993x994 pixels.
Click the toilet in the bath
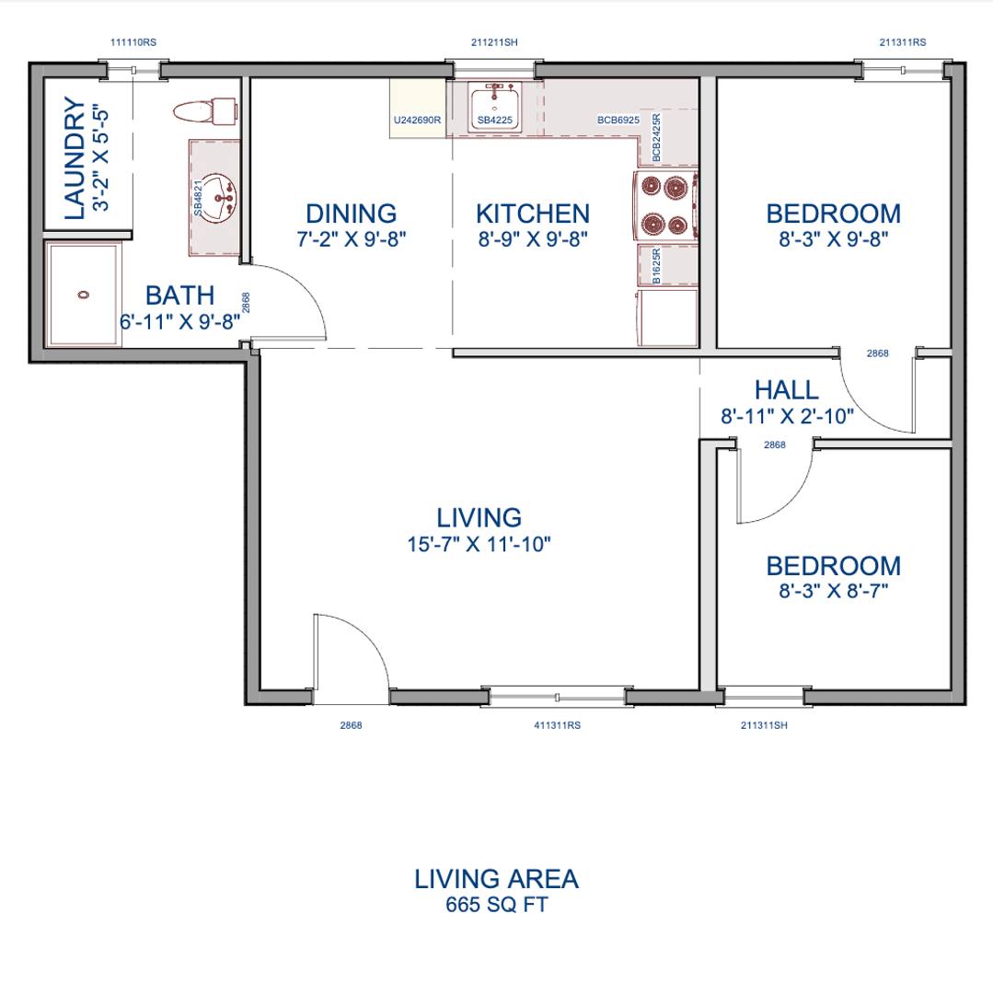click(x=205, y=111)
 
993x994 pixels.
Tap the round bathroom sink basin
click(x=218, y=197)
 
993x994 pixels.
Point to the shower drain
click(x=84, y=295)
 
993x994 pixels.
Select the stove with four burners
click(x=666, y=206)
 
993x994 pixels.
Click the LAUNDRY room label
click(x=75, y=158)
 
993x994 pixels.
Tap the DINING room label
click(x=351, y=214)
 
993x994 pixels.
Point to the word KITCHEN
click(x=533, y=214)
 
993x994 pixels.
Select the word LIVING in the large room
click(x=479, y=518)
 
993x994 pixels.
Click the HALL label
click(x=787, y=390)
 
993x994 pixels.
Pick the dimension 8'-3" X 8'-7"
click(x=833, y=591)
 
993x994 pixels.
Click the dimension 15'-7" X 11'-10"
click(x=479, y=544)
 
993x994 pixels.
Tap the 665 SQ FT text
click(x=496, y=905)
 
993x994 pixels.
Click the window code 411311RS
click(x=557, y=725)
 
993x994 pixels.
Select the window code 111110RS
click(x=133, y=42)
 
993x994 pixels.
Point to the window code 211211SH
click(x=494, y=42)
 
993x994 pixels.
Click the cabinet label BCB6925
click(x=618, y=120)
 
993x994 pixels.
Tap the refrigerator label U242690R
click(x=417, y=120)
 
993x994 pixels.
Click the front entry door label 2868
click(x=351, y=725)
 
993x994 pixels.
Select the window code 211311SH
click(x=764, y=725)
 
